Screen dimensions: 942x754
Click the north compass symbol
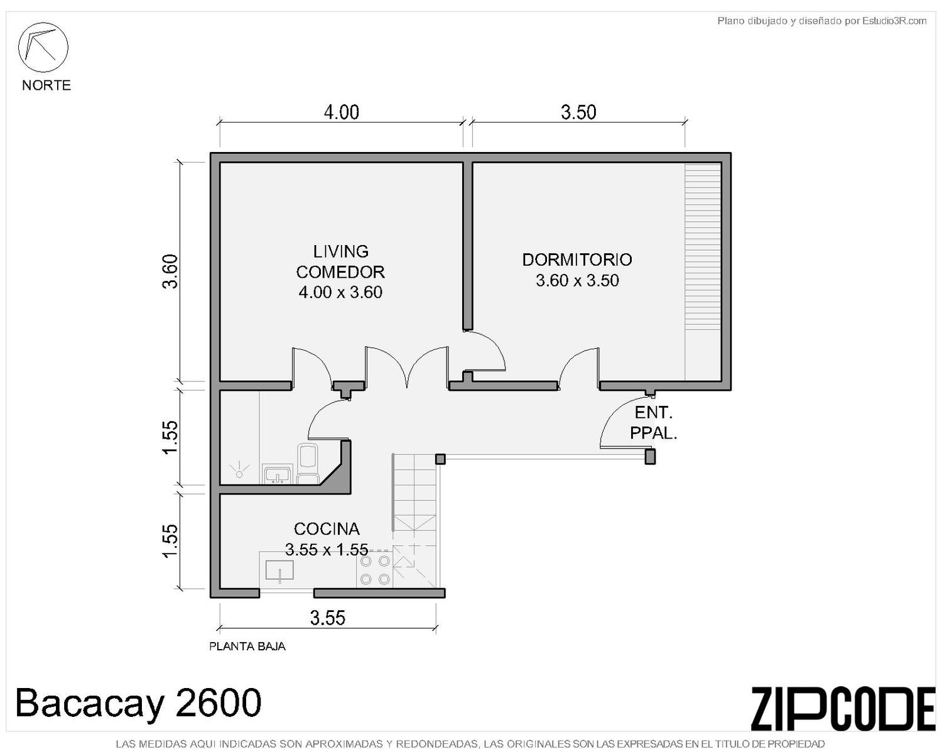point(43,47)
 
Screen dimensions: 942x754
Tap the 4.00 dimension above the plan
point(342,112)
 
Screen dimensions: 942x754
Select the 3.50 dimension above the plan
point(578,112)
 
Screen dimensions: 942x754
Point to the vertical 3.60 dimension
point(170,271)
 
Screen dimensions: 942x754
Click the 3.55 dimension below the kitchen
point(328,618)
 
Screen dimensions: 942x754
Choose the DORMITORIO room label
point(577,260)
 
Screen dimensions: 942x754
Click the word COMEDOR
point(340,272)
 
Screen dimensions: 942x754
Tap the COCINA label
point(327,529)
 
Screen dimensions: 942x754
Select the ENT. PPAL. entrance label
point(653,423)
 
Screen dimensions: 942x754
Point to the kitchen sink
point(279,569)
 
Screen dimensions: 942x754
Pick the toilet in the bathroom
point(308,463)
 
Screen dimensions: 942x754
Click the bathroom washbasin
point(277,474)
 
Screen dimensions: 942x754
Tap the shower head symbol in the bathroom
point(239,469)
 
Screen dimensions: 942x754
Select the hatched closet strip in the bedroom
point(703,271)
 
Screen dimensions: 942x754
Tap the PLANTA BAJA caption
point(247,646)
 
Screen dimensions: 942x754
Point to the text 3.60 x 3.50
point(577,280)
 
